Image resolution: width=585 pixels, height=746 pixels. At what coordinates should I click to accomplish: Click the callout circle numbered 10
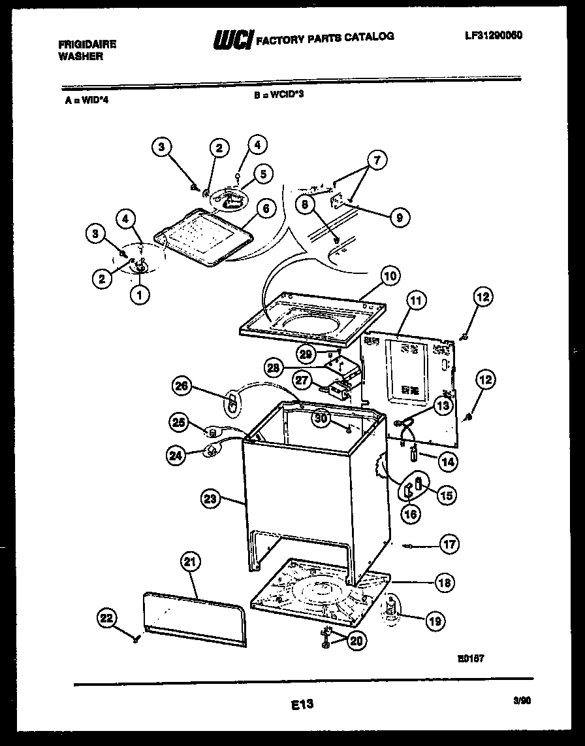[x=390, y=277]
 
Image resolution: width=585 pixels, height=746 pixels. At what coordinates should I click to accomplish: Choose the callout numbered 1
[x=138, y=295]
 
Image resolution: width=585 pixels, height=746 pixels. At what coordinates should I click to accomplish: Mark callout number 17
[x=449, y=544]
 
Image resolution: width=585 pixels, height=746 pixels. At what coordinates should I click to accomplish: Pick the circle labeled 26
[x=183, y=386]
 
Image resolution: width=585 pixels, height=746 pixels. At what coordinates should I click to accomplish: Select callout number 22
[x=106, y=617]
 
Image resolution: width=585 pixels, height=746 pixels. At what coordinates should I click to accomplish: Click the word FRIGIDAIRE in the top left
[x=87, y=44]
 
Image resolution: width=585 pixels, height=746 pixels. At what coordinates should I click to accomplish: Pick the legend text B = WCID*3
[x=279, y=94]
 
